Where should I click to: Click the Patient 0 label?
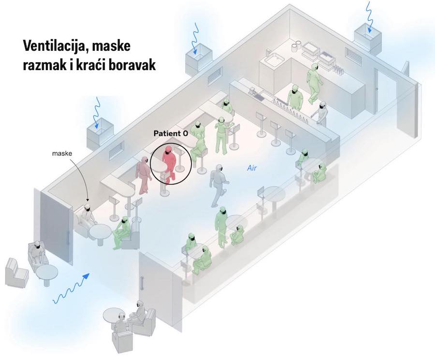pos(170,133)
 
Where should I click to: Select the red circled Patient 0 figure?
pos(169,163)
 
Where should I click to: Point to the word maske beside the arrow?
pos(62,154)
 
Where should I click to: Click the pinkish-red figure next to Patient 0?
pos(144,174)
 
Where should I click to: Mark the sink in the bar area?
pos(274,60)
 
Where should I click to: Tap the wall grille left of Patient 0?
pos(116,150)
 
